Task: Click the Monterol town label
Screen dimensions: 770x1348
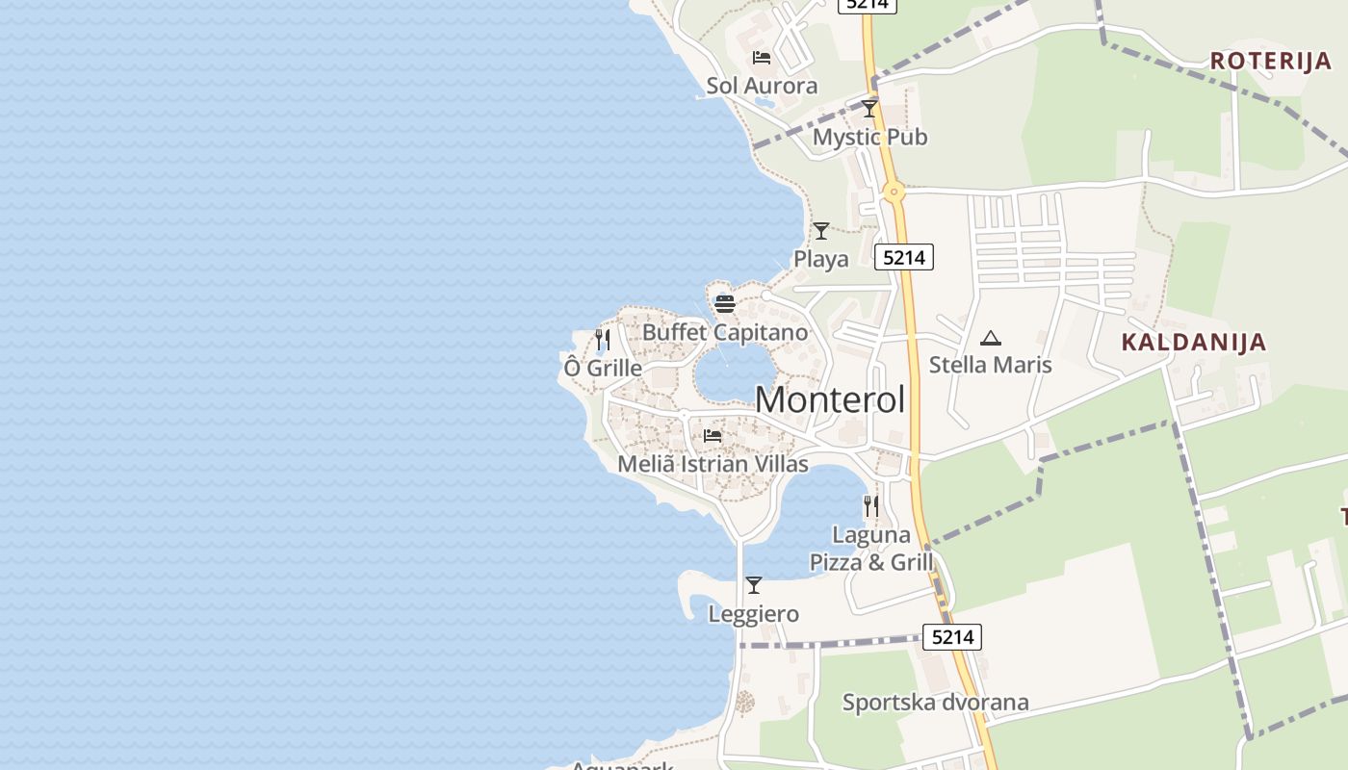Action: [x=830, y=399]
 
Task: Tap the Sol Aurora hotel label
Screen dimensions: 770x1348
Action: [x=762, y=86]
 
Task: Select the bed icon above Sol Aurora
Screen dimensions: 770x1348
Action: [x=762, y=58]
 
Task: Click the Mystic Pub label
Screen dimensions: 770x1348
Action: [x=869, y=137]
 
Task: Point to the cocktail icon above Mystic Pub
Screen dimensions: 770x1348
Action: [x=869, y=108]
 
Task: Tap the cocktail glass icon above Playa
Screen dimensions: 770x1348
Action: [x=821, y=231]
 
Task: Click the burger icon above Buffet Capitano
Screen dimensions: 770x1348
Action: [x=725, y=304]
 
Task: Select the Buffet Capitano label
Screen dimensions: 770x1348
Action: [x=725, y=333]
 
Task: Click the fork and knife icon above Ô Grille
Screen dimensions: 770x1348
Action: [x=603, y=340]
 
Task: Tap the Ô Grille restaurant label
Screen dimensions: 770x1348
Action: [x=603, y=368]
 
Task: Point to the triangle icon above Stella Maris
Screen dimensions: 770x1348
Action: [x=990, y=338]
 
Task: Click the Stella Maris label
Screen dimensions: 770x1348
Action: [x=990, y=365]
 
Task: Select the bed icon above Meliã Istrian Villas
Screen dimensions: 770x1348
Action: [x=713, y=436]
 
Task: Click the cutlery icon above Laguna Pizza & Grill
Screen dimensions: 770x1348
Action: [x=871, y=506]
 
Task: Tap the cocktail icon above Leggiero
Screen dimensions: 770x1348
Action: [x=754, y=585]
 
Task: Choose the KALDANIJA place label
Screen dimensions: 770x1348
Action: [x=1193, y=342]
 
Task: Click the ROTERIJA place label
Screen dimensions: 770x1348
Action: [x=1270, y=61]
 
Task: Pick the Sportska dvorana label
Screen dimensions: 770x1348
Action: [x=935, y=703]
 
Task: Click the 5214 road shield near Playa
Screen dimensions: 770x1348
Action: [x=904, y=257]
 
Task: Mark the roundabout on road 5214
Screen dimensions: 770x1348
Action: [x=894, y=192]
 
